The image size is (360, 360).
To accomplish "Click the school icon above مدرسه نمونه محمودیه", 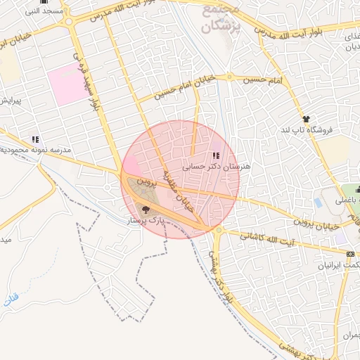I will (35, 139).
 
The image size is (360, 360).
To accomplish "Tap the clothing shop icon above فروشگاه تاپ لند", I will (306, 119).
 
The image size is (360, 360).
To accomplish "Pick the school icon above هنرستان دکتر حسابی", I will (215, 155).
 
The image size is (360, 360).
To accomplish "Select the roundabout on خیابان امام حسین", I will (230, 77).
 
